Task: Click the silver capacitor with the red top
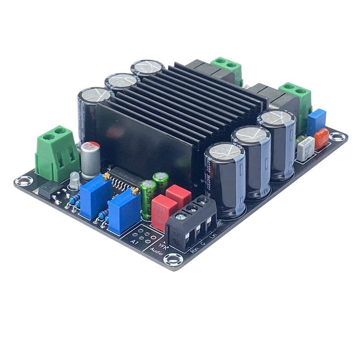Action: pyautogui.click(x=90, y=160)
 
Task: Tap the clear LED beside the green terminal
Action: pyautogui.click(x=74, y=180)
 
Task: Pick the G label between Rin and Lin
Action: pyautogui.click(x=203, y=243)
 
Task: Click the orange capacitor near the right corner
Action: pyautogui.click(x=321, y=138)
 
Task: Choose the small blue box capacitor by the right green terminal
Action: pyautogui.click(x=316, y=121)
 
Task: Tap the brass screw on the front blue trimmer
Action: pyautogui.click(x=135, y=191)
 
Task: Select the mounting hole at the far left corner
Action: pyautogui.click(x=24, y=181)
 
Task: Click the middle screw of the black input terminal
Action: pyautogui.click(x=191, y=209)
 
